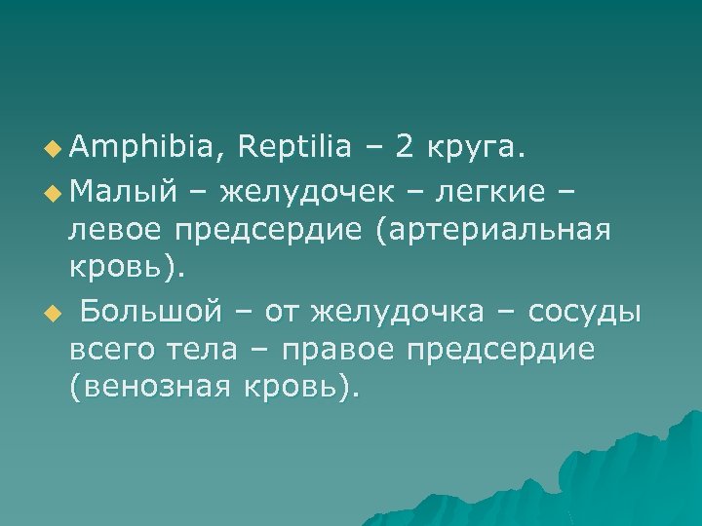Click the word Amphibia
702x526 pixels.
(x=144, y=147)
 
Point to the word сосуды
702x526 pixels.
(x=584, y=313)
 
